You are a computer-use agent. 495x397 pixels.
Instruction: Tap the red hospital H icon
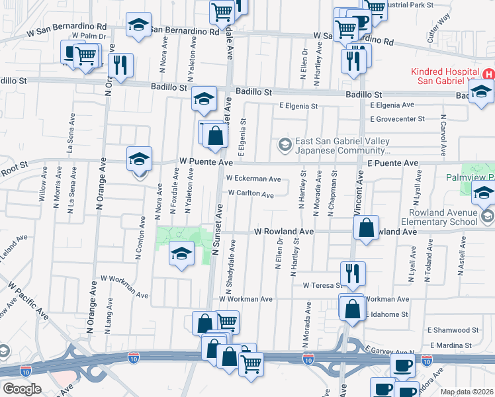(488, 74)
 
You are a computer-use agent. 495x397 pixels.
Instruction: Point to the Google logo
(22, 388)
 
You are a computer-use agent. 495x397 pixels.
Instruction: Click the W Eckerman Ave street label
(253, 179)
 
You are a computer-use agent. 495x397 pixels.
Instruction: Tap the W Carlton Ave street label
(251, 195)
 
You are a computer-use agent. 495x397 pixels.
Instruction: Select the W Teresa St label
(322, 286)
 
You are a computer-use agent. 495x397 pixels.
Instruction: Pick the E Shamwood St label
(453, 330)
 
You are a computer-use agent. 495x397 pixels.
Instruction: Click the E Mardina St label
(450, 345)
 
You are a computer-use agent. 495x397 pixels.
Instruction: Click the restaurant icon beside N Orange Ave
(120, 66)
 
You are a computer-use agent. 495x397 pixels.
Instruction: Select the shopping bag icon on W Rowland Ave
(366, 228)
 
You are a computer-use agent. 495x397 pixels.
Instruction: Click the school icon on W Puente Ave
(140, 159)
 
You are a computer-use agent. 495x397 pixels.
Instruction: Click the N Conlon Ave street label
(140, 238)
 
